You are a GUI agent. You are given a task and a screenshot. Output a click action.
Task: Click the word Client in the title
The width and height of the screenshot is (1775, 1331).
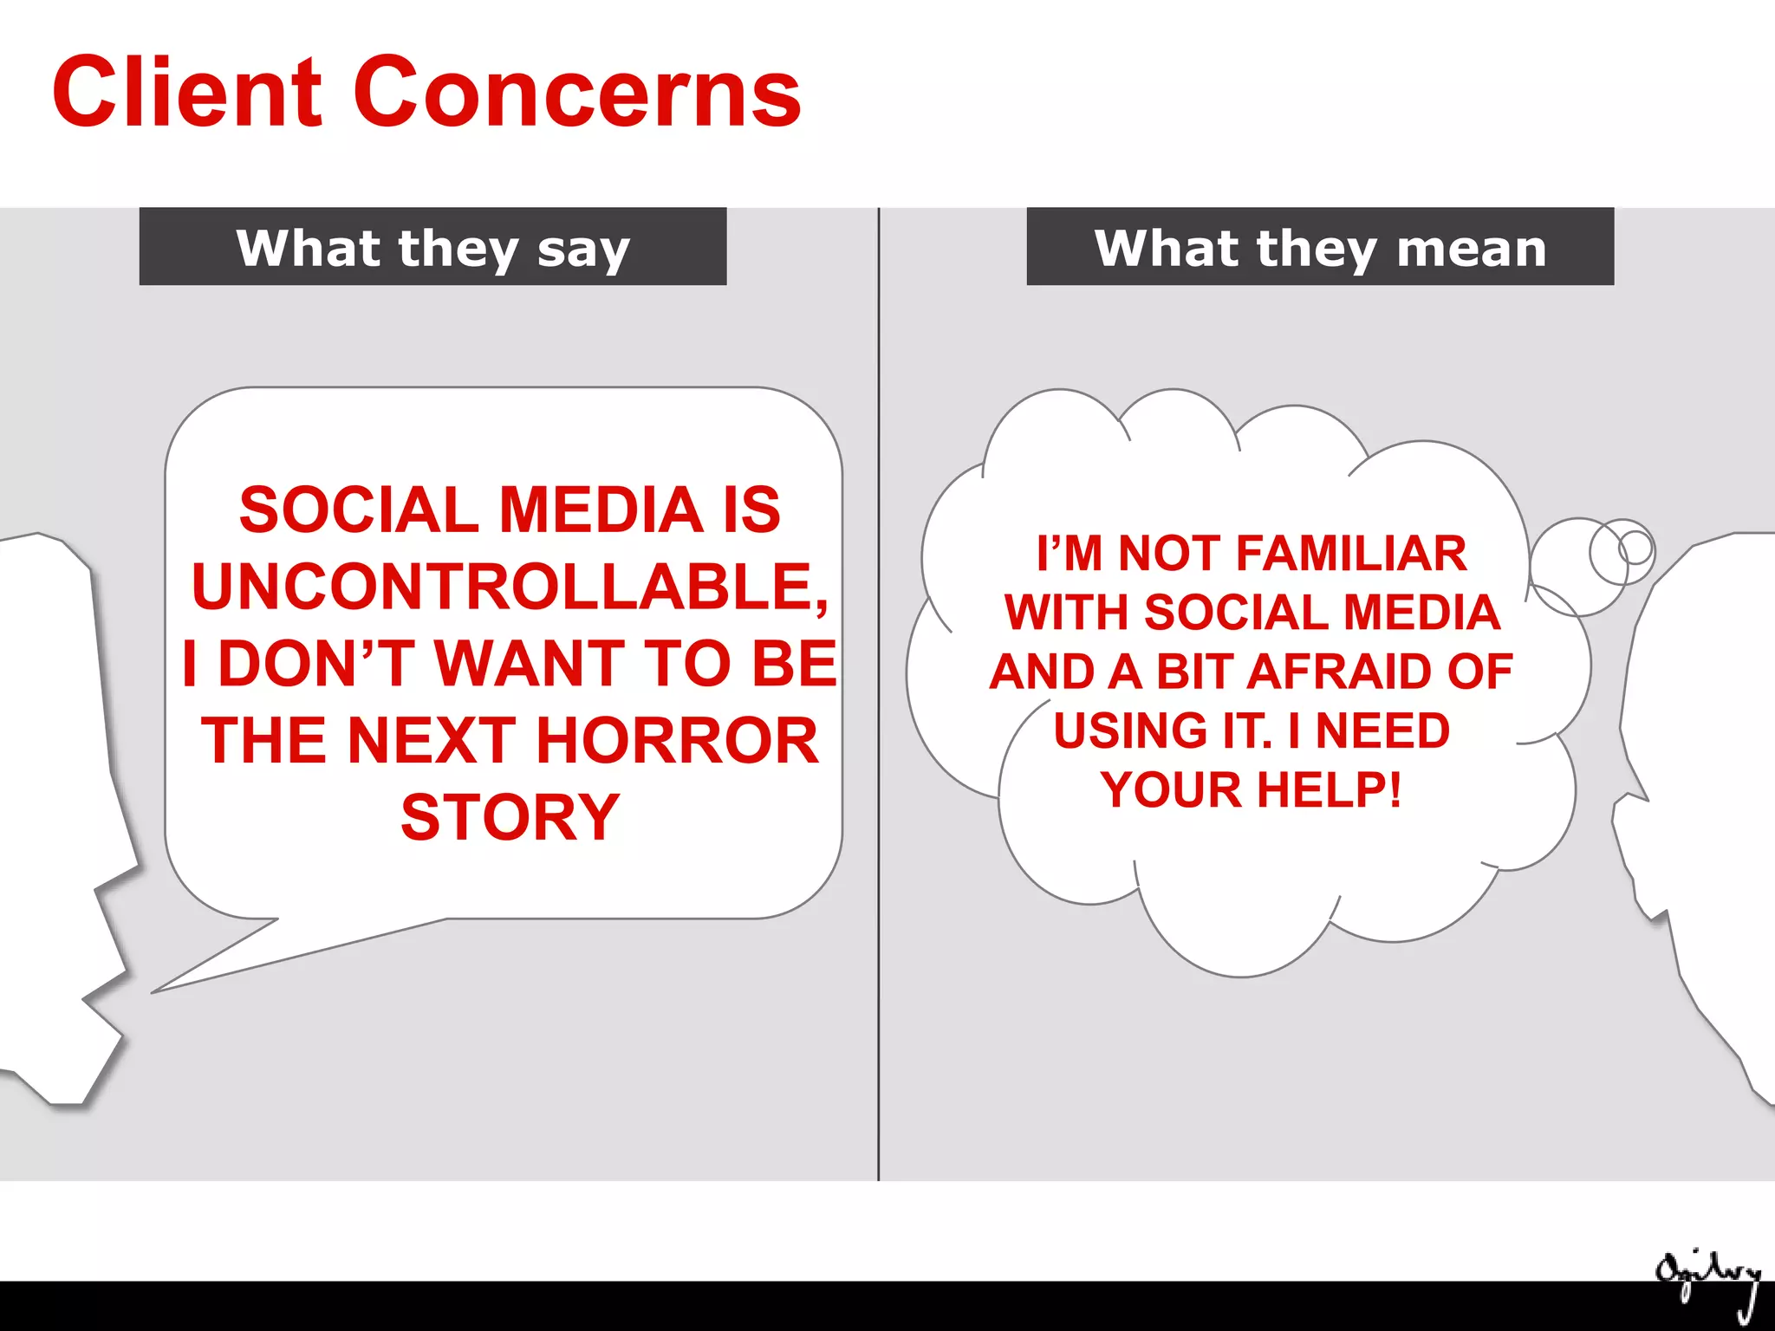pyautogui.click(x=186, y=92)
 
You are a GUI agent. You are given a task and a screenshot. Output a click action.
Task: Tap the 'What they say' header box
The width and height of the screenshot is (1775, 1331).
pyautogui.click(x=432, y=247)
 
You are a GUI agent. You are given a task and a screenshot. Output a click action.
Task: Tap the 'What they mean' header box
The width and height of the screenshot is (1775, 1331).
pyautogui.click(x=1319, y=247)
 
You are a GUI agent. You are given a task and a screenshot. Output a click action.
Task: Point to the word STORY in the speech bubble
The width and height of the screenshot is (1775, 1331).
pyautogui.click(x=510, y=818)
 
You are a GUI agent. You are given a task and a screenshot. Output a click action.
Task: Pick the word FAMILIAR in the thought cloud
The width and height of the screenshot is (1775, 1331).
pyautogui.click(x=1351, y=554)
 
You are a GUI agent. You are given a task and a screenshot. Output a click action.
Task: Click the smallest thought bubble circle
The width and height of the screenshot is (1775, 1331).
pyautogui.click(x=1635, y=547)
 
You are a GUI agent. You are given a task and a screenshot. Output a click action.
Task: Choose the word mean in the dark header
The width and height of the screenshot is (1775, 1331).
pyautogui.click(x=1471, y=249)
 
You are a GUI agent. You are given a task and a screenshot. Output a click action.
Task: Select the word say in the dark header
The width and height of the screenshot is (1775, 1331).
pyautogui.click(x=583, y=250)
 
